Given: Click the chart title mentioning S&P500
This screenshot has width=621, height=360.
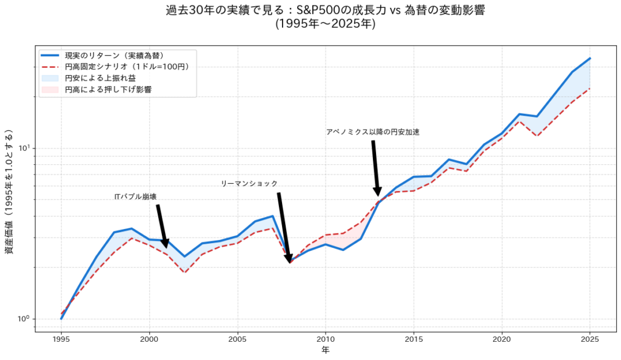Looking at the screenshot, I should click(x=325, y=11).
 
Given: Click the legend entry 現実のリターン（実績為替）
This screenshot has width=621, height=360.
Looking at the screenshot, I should click(x=114, y=55).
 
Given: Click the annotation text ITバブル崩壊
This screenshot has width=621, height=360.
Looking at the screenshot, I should click(x=135, y=196).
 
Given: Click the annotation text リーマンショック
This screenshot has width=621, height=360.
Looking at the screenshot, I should click(x=249, y=184).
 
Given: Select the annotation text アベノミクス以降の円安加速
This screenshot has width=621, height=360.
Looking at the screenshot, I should click(x=372, y=132).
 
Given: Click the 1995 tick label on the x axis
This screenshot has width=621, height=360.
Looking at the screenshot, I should click(x=61, y=339).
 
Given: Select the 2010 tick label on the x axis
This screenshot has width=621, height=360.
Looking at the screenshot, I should click(x=326, y=339).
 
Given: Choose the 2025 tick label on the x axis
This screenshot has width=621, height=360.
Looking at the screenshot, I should click(x=590, y=339).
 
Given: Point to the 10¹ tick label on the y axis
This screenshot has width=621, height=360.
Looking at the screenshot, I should click(x=25, y=148).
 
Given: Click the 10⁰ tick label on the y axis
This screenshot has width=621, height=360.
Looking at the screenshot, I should click(x=25, y=319).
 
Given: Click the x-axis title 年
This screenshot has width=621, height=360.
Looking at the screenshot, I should click(x=326, y=350).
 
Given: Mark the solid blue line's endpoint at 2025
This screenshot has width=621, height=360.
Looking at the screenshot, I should click(x=590, y=58).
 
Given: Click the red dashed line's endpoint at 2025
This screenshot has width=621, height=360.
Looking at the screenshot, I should click(x=590, y=88).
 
